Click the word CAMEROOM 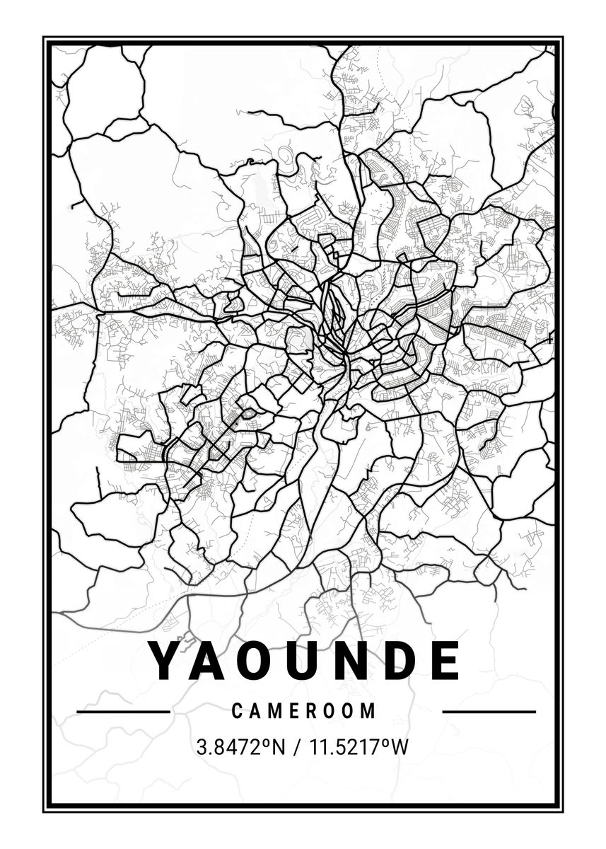[x=304, y=711]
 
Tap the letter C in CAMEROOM [x=237, y=711]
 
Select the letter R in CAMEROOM [x=312, y=711]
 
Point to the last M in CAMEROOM [x=369, y=711]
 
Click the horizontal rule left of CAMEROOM [x=123, y=711]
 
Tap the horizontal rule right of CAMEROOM [x=489, y=711]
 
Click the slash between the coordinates [x=291, y=747]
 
